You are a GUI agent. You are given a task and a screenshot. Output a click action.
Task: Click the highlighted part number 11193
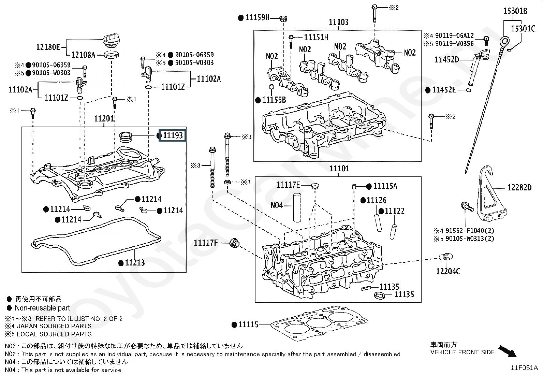(x=173, y=135)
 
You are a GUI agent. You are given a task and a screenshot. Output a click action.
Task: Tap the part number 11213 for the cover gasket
(x=135, y=263)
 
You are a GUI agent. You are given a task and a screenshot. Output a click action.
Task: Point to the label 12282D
(x=519, y=187)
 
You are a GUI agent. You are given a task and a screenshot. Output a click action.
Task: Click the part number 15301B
(x=515, y=11)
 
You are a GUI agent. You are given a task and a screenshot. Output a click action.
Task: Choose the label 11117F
(x=206, y=243)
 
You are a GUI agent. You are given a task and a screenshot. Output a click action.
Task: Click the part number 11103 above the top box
(x=339, y=22)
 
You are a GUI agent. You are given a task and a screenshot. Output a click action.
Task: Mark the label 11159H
(x=257, y=18)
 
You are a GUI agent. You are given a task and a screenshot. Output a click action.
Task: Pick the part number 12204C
(x=448, y=271)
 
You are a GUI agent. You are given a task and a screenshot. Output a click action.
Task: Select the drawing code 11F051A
(x=524, y=367)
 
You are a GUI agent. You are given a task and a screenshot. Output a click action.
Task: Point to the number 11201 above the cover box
(x=104, y=119)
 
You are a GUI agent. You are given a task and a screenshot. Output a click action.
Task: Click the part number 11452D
(x=446, y=60)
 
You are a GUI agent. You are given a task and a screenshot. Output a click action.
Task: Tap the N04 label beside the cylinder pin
(x=277, y=205)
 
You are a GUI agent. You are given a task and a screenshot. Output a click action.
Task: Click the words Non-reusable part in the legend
(x=42, y=308)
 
